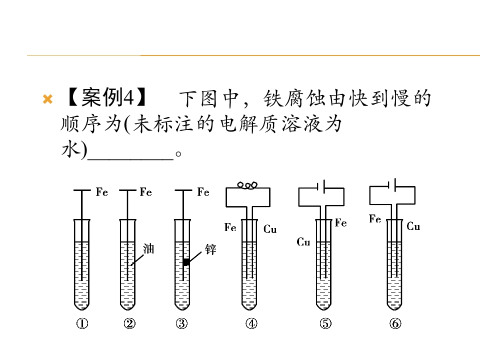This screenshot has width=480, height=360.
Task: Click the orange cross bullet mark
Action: point(48,99)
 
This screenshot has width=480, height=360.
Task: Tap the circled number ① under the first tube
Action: point(82,323)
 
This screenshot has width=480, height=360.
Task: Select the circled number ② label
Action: point(129,323)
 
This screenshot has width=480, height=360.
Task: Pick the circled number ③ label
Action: point(182,323)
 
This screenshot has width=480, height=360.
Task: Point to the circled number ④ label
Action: point(251,323)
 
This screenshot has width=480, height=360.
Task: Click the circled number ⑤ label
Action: point(325,323)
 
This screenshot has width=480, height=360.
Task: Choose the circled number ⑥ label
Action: point(395,323)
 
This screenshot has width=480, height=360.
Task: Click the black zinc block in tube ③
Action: point(186,262)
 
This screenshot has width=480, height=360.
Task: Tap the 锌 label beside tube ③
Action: point(210,249)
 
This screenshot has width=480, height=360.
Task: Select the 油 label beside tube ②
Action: point(148,248)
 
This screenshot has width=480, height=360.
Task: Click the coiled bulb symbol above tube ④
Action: point(247,185)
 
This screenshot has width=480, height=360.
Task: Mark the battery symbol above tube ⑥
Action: point(392,184)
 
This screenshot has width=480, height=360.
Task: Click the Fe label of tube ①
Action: point(102,192)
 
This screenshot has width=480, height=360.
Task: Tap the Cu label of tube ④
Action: point(270,229)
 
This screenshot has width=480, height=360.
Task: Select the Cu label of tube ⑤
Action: point(303,242)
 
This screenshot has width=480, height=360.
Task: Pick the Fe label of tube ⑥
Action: point(375,219)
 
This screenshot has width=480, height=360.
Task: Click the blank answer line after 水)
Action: point(130,159)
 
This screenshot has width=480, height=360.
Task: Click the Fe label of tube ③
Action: point(203,192)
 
